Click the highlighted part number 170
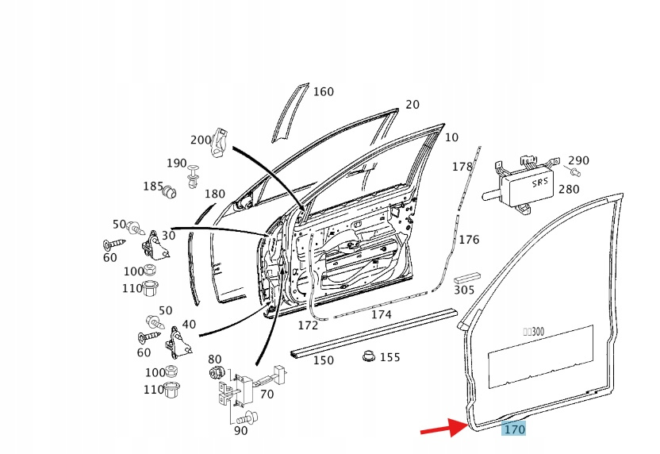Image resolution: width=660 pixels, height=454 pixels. click(514, 429)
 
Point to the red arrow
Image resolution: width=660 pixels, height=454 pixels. click(444, 429)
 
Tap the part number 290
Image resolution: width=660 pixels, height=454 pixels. click(578, 161)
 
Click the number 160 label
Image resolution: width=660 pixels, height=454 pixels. click(323, 92)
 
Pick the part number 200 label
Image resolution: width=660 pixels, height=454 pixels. click(201, 140)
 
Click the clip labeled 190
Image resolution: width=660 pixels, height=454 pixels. click(194, 175)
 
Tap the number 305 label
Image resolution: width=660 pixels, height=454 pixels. click(464, 290)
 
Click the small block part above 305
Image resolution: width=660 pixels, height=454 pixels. click(463, 279)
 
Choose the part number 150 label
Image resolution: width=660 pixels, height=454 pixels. click(323, 360)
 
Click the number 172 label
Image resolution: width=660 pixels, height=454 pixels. click(308, 325)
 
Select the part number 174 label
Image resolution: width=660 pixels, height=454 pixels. click(382, 314)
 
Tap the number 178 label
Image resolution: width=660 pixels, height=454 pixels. click(462, 167)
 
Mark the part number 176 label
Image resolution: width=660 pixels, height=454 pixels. click(469, 240)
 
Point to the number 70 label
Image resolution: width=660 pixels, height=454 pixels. click(267, 394)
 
